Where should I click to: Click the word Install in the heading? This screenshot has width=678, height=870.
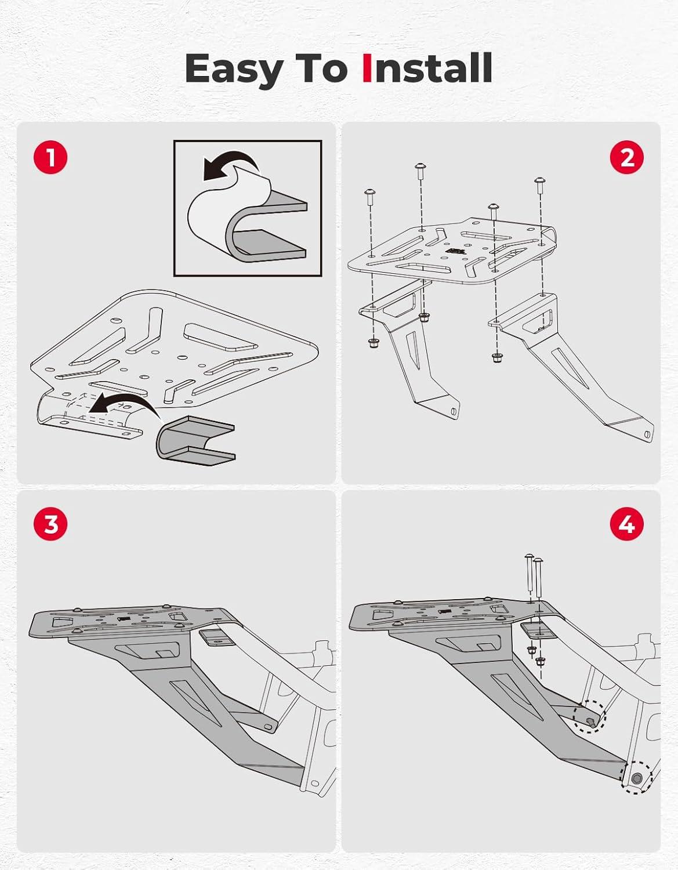point(427,68)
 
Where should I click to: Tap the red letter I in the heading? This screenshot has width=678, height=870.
point(367,68)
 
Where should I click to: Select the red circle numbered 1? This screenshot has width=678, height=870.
point(50,157)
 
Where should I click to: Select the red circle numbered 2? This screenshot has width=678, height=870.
point(627,157)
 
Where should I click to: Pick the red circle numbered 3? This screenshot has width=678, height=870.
point(50,524)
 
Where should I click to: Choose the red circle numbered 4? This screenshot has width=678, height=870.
point(627,524)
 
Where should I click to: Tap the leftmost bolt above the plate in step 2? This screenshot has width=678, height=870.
point(370,198)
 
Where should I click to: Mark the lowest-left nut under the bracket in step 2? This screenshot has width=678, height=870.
point(374,343)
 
